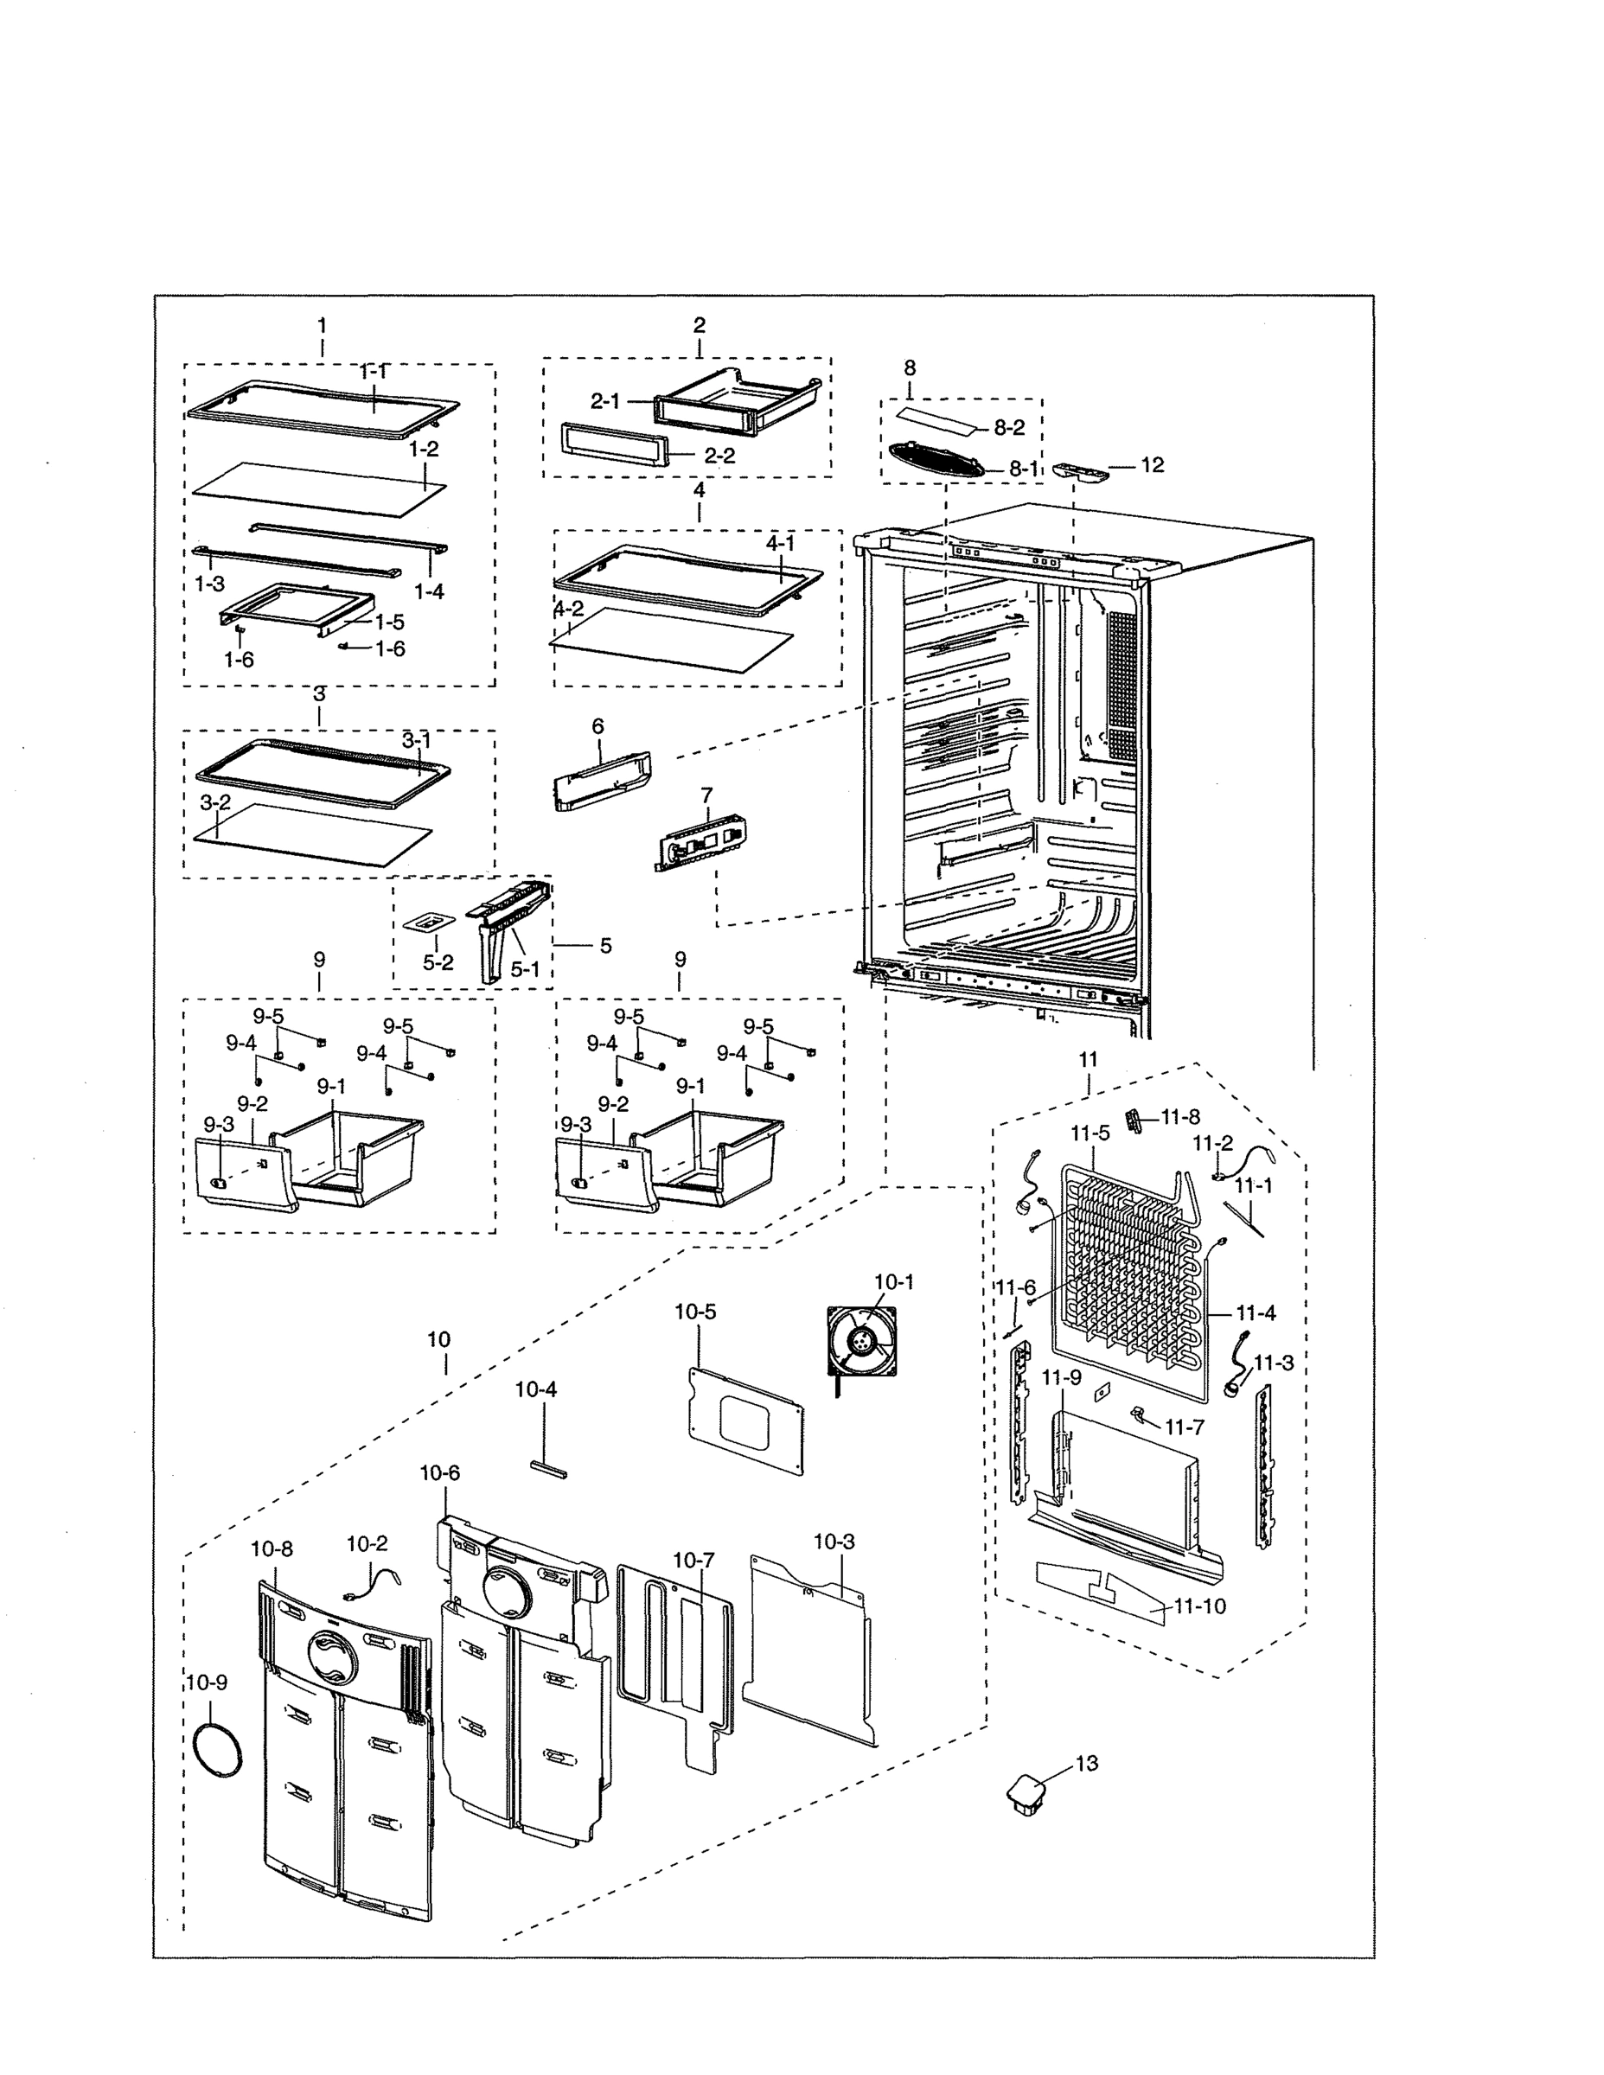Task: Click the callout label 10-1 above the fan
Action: pyautogui.click(x=893, y=1281)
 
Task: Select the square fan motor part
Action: pyautogui.click(x=861, y=1342)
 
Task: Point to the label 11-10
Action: pyautogui.click(x=1199, y=1606)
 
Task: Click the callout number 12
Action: pyautogui.click(x=1152, y=464)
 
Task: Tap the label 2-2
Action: pyautogui.click(x=719, y=455)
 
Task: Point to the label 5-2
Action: pyautogui.click(x=438, y=962)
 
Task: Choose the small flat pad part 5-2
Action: pyautogui.click(x=430, y=923)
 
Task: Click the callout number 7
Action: pyautogui.click(x=706, y=794)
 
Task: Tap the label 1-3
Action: pyautogui.click(x=210, y=584)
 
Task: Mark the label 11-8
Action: pyautogui.click(x=1180, y=1117)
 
